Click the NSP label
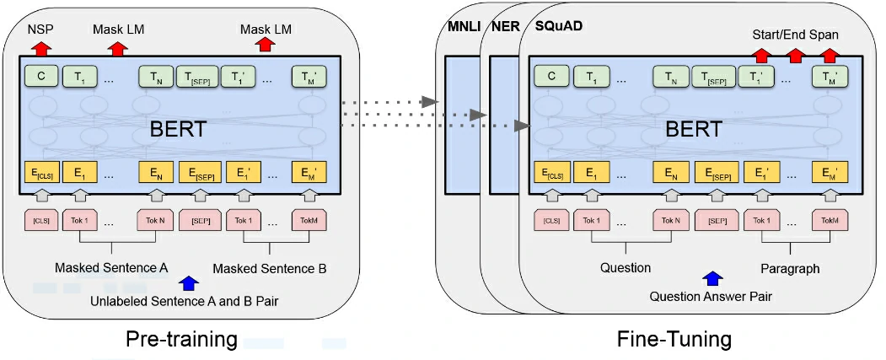click(x=39, y=30)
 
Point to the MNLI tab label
click(x=462, y=25)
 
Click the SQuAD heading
click(x=561, y=25)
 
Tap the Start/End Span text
click(x=795, y=34)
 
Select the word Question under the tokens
click(x=625, y=268)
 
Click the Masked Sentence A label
click(x=111, y=268)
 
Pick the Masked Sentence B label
click(x=269, y=268)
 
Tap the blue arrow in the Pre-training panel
click(x=190, y=283)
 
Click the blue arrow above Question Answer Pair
click(x=713, y=278)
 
